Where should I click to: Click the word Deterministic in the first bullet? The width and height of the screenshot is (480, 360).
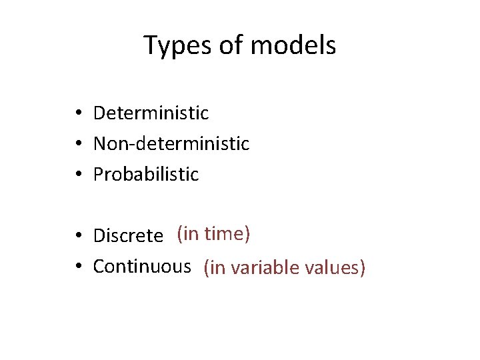tap(151, 113)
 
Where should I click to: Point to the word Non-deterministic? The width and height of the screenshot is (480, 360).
tap(171, 143)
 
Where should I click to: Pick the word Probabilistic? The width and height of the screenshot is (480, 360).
tap(146, 175)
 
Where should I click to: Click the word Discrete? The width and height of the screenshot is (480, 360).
tap(128, 236)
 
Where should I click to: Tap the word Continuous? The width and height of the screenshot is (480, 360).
tap(142, 267)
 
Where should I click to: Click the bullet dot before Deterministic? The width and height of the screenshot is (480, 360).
tap(79, 114)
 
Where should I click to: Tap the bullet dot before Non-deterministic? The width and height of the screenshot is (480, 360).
tap(79, 144)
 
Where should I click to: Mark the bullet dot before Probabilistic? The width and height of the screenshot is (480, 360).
tap(79, 175)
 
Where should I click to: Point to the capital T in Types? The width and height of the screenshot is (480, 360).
tap(151, 45)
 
